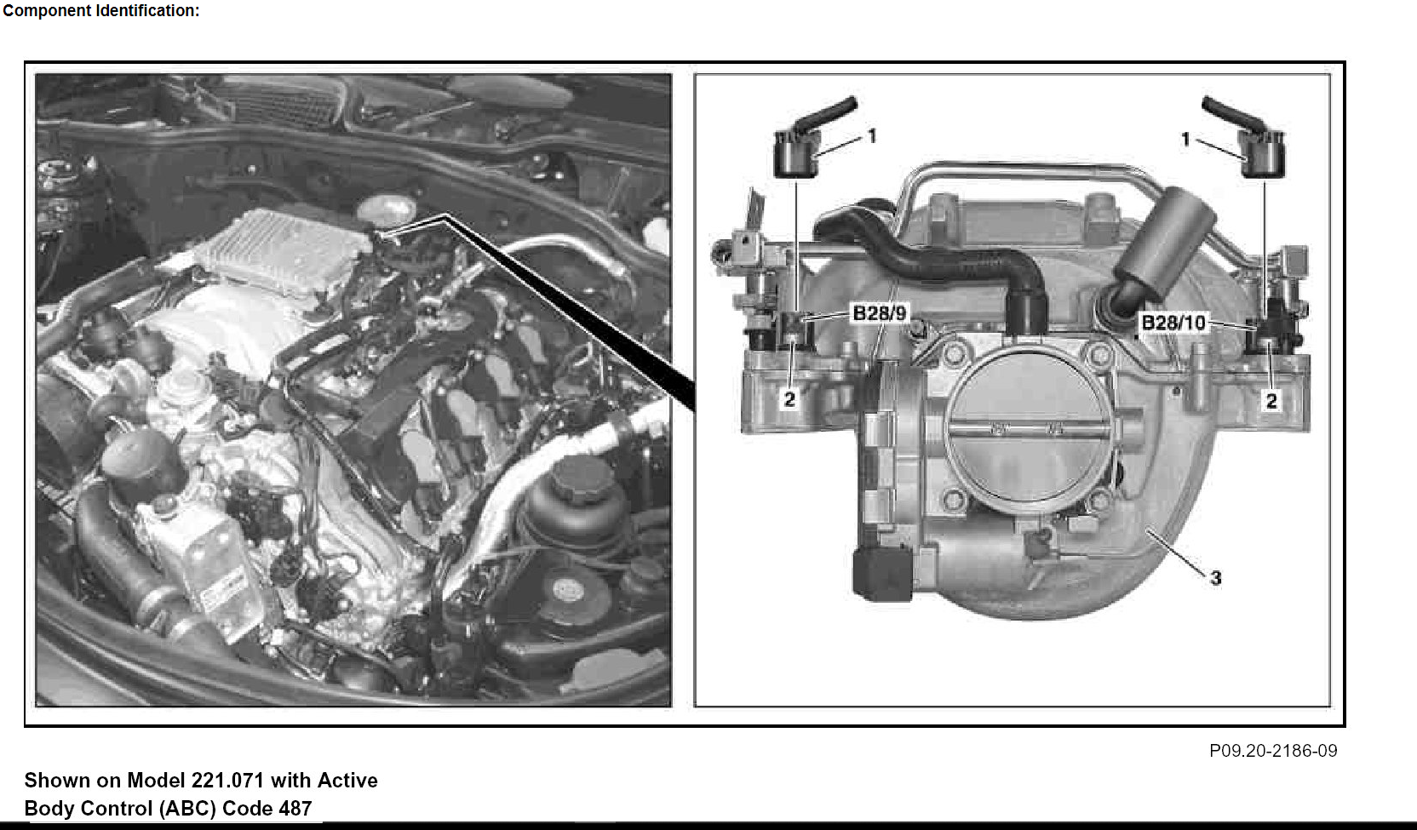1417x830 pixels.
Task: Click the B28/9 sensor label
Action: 880,313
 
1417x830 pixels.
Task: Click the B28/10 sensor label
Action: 1173,323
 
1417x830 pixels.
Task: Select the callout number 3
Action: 1216,577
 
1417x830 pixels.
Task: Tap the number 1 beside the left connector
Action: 872,136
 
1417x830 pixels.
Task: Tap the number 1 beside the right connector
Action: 1185,139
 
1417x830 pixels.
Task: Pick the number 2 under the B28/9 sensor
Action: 789,399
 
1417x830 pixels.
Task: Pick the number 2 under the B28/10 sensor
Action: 1271,400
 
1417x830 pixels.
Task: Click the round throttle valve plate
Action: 1028,430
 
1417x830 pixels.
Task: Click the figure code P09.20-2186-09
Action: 1273,750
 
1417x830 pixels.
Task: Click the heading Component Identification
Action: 101,11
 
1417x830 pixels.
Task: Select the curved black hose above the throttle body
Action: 936,260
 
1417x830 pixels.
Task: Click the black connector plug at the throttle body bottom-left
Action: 882,574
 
